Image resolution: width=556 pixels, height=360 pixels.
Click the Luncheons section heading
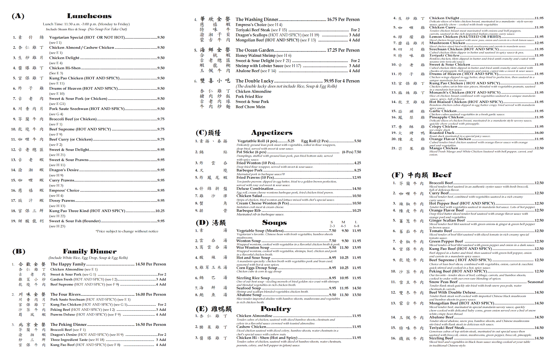(89, 16)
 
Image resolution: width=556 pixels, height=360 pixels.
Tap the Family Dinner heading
(90, 251)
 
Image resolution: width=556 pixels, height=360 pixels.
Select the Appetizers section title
(272, 132)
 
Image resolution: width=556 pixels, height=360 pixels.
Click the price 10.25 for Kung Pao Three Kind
(160, 211)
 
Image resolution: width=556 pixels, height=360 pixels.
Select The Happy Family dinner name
(68, 264)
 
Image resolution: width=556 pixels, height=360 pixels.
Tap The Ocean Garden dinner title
(255, 50)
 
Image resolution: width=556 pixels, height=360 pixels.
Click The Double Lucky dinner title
(254, 81)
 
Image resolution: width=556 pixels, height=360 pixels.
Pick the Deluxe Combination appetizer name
(255, 189)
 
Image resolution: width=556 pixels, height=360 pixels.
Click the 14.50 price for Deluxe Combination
(356, 189)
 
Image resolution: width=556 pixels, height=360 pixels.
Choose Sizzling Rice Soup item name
(253, 278)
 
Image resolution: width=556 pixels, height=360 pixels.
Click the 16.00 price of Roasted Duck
(539, 133)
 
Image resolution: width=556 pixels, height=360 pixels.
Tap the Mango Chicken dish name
(443, 148)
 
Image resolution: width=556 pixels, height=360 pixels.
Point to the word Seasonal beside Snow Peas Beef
(535, 282)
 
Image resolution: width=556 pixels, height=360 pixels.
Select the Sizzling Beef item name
(441, 338)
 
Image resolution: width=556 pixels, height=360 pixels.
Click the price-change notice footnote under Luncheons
(127, 231)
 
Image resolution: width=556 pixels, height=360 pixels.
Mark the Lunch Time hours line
(86, 24)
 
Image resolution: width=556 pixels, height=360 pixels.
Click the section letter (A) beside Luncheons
(18, 16)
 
